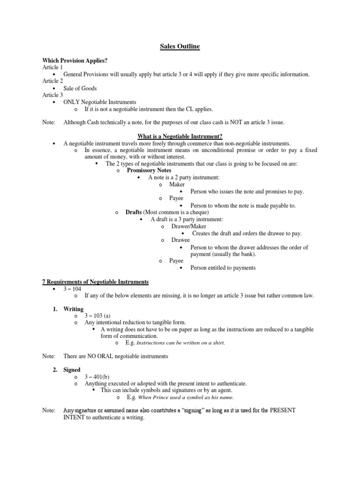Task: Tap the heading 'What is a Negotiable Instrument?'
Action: point(180,136)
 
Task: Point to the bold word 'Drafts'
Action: point(134,212)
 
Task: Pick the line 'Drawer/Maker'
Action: point(188,226)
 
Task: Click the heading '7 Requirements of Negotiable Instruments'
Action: point(95,282)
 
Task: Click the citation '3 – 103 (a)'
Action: point(97,315)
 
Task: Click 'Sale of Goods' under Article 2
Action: point(81,88)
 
